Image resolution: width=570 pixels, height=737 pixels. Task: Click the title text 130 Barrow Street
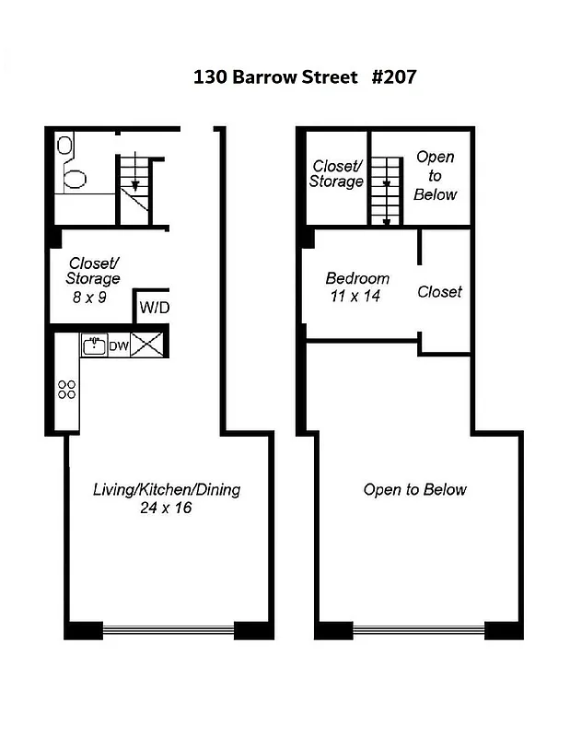click(274, 77)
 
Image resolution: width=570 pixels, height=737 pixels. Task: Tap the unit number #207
click(393, 77)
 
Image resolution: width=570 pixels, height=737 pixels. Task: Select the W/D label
click(154, 307)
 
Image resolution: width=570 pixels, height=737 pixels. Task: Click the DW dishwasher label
click(118, 346)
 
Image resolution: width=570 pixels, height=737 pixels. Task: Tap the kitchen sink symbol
click(93, 345)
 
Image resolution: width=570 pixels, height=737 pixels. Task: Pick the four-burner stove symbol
click(66, 389)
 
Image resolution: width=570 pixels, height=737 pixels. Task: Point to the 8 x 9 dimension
click(91, 297)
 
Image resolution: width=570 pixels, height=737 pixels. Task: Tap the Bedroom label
click(357, 278)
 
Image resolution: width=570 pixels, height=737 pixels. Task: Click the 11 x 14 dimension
click(355, 296)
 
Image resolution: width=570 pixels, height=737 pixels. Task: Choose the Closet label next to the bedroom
click(439, 291)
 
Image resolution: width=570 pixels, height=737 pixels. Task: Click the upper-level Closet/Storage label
click(337, 173)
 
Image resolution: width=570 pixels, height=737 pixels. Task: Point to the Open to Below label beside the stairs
click(435, 175)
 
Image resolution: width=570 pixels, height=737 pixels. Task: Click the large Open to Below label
click(414, 489)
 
